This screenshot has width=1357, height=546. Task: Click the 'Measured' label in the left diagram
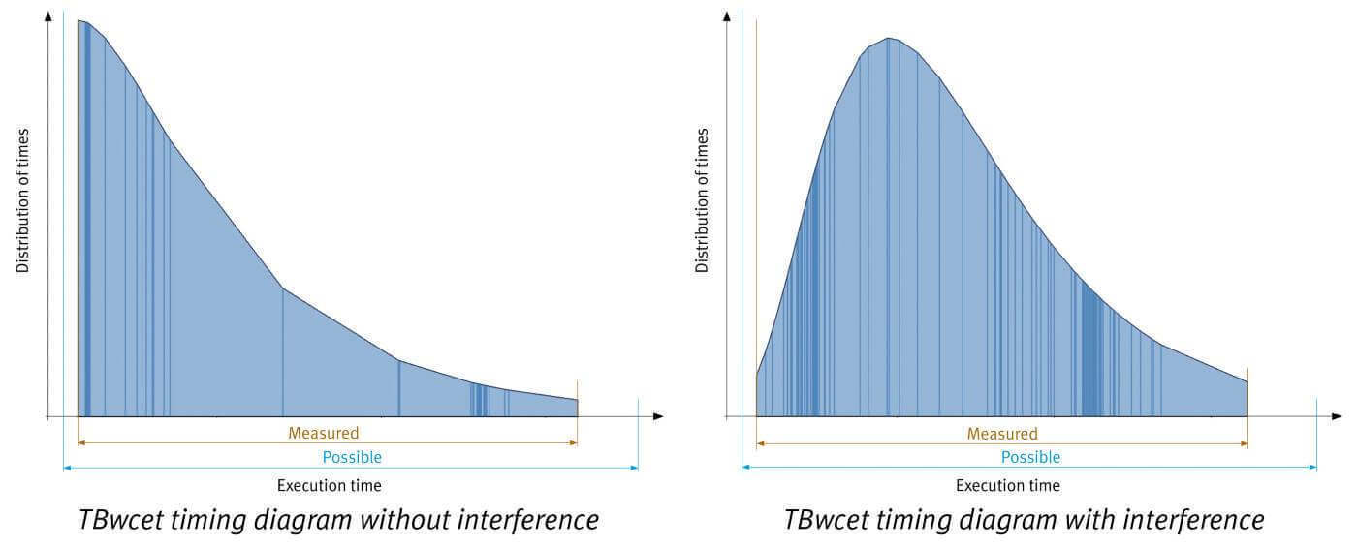click(323, 433)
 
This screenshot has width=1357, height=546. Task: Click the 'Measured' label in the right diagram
click(1002, 434)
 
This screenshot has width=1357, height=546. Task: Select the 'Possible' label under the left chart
click(352, 457)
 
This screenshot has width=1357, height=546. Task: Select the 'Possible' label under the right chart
click(1030, 457)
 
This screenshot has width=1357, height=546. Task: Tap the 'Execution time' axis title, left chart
click(330, 485)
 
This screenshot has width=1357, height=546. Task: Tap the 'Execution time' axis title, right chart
click(1008, 485)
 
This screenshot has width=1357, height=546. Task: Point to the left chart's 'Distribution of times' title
click(23, 199)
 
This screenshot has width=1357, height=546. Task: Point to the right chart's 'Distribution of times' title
click(703, 199)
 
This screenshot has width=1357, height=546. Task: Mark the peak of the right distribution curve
click(890, 39)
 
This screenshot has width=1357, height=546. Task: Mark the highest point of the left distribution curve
click(79, 20)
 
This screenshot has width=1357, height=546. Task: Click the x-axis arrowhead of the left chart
click(658, 416)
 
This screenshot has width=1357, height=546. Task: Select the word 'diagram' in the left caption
click(309, 520)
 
